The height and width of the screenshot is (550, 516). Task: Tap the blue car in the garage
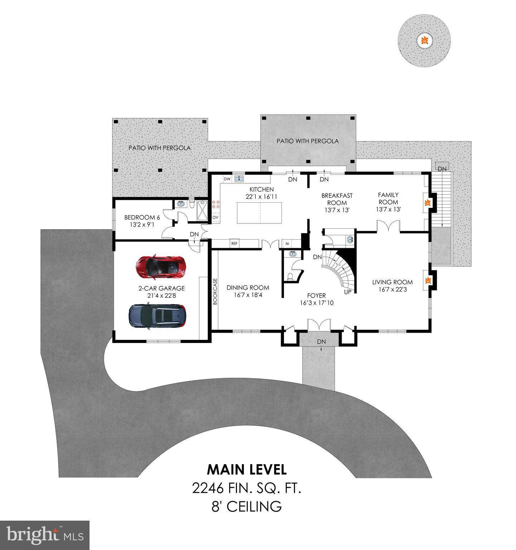point(158,315)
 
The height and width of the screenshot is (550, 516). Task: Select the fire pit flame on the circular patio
point(424,40)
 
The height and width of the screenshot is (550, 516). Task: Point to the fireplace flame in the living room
point(427,281)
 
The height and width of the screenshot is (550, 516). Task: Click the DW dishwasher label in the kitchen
point(227,179)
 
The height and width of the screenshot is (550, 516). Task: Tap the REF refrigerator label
point(234,243)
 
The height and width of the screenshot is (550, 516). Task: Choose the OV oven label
point(216,217)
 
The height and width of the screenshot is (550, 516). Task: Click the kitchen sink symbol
point(239,179)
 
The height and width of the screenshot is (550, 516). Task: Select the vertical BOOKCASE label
point(215,291)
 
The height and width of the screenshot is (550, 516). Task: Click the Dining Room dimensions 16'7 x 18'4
point(248,295)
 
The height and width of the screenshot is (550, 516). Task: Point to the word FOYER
point(317,295)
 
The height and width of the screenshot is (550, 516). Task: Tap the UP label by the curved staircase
point(347,292)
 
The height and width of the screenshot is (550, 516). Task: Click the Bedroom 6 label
point(142,217)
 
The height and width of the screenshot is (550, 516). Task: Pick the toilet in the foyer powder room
point(291,276)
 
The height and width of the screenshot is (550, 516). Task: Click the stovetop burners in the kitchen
point(216,204)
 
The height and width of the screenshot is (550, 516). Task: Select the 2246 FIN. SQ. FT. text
point(246,488)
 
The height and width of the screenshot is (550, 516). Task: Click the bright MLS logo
point(45,535)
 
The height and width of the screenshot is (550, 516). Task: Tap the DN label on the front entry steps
point(321,342)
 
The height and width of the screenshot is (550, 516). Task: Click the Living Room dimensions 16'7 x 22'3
point(392,289)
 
